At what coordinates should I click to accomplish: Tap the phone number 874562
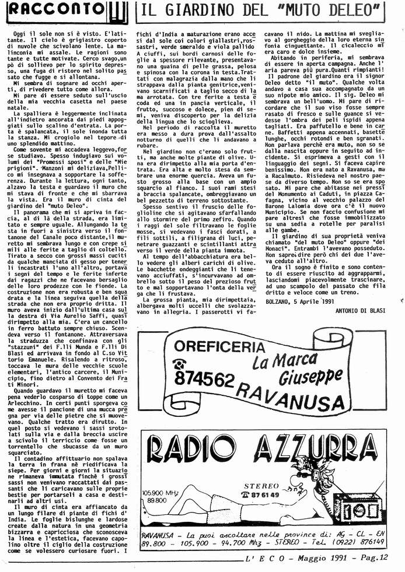tap(204, 379)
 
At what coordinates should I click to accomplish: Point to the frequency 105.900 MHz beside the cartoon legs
tap(162, 494)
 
